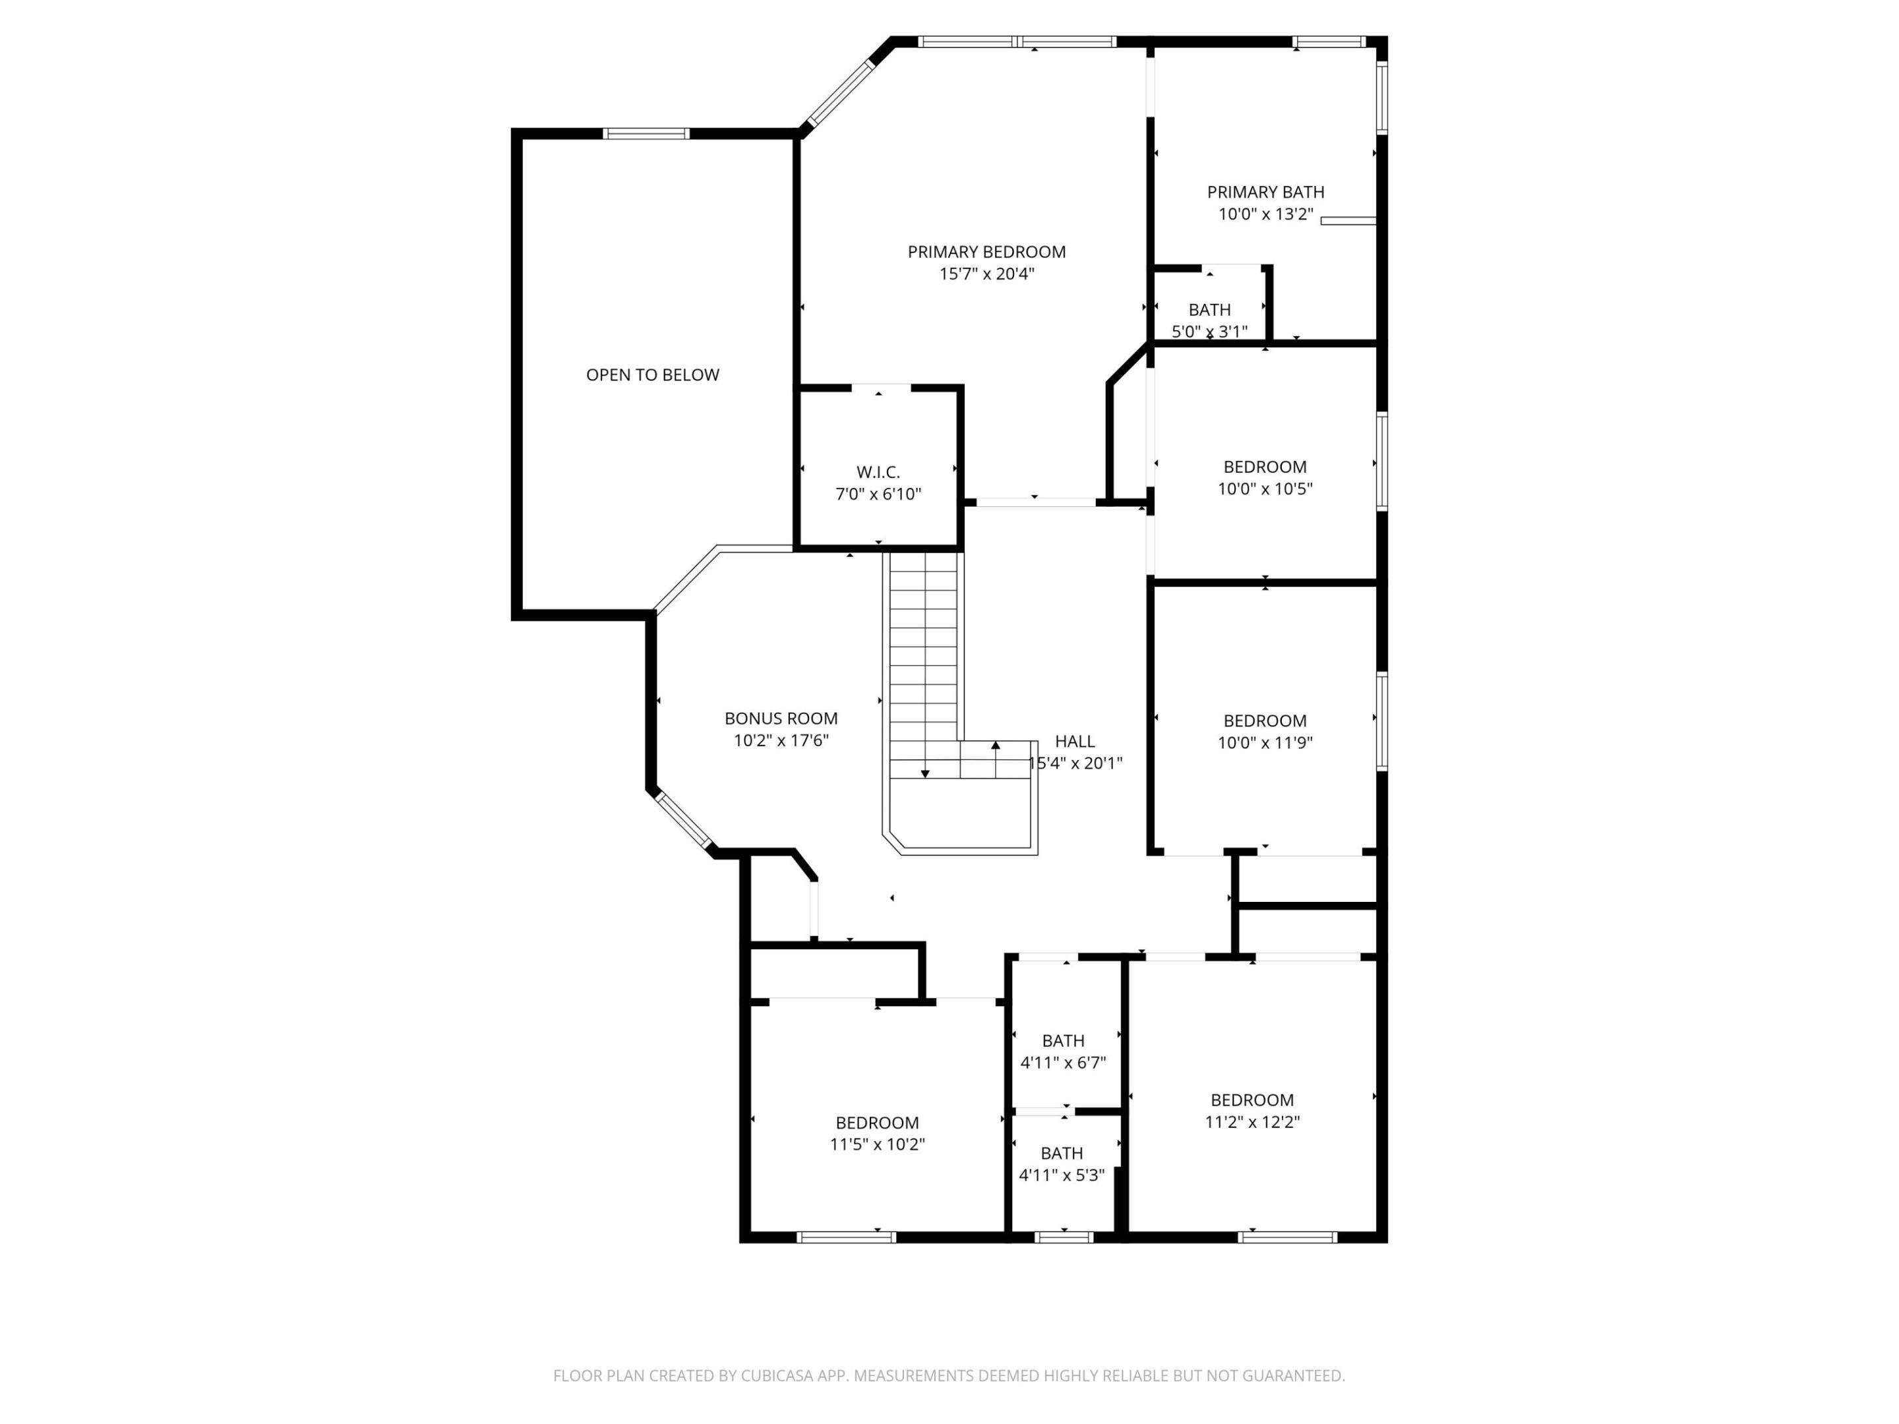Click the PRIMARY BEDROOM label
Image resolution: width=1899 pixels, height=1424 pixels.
(986, 251)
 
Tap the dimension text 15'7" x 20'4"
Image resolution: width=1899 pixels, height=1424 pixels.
(986, 274)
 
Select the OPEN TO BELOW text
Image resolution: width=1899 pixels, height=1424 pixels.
(653, 374)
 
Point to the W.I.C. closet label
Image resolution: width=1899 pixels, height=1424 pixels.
(878, 472)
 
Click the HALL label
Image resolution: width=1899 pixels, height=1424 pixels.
(1075, 741)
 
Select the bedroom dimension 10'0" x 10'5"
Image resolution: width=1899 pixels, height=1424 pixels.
(1265, 489)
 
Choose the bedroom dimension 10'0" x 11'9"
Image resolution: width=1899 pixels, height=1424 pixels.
(1265, 742)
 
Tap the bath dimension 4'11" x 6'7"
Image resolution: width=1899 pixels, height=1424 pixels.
(1063, 1063)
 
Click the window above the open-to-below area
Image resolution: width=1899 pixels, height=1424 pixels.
(646, 133)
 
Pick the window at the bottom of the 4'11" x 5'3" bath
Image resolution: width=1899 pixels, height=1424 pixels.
(1064, 1237)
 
